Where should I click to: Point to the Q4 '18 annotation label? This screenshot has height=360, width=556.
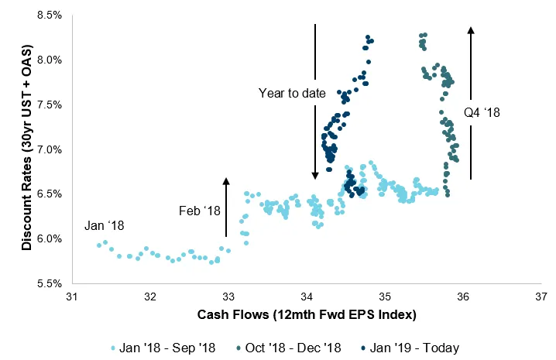(x=482, y=113)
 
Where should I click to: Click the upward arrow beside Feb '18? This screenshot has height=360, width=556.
(x=226, y=206)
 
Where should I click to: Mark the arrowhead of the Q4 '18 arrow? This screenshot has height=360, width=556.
(x=471, y=29)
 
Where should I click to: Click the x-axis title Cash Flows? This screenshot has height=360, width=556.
(x=307, y=315)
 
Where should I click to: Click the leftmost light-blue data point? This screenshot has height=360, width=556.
(x=99, y=245)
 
